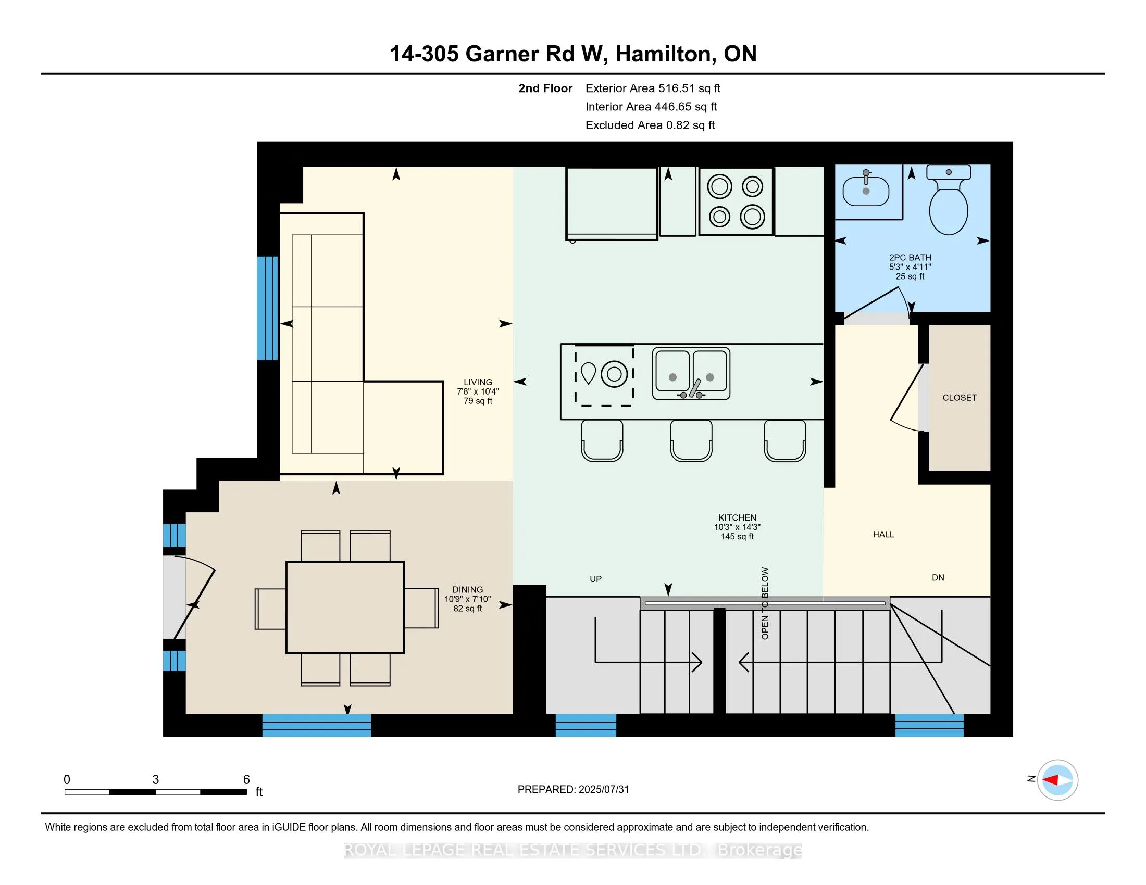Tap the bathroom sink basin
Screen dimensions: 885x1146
pyautogui.click(x=866, y=192)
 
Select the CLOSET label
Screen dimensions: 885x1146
pyautogui.click(x=959, y=398)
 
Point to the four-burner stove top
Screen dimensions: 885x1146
pyautogui.click(x=736, y=201)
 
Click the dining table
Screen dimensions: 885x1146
pyautogui.click(x=345, y=607)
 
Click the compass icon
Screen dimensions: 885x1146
pyautogui.click(x=1057, y=780)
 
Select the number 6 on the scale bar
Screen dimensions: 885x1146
pyautogui.click(x=246, y=780)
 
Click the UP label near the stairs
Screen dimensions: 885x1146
pyautogui.click(x=595, y=579)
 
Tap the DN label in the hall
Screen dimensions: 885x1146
pyautogui.click(x=938, y=578)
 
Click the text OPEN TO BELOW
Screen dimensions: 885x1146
pyautogui.click(x=765, y=603)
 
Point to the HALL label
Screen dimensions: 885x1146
pyautogui.click(x=883, y=534)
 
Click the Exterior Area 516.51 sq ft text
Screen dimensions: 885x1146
pyautogui.click(x=653, y=88)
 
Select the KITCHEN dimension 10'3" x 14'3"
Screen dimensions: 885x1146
pyautogui.click(x=737, y=527)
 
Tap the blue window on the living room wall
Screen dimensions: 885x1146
pyautogui.click(x=268, y=308)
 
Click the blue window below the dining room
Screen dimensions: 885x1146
pyautogui.click(x=316, y=725)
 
